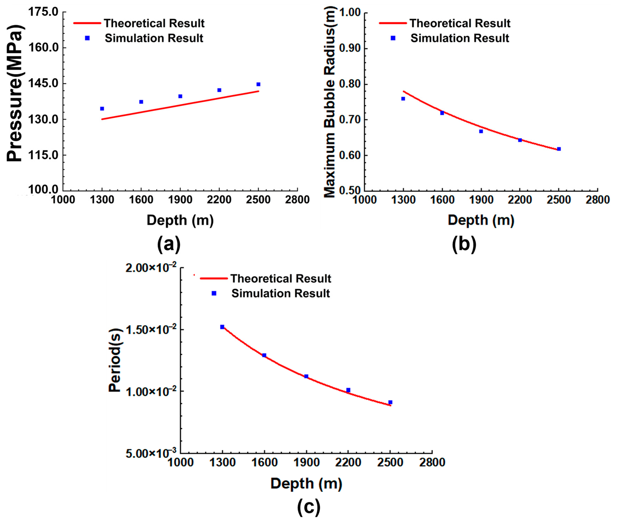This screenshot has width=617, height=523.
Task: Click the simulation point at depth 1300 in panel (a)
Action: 102,108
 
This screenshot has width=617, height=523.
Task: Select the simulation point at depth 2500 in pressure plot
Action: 258,84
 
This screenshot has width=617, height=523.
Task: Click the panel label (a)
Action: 169,244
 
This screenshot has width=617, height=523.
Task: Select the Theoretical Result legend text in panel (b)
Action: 460,23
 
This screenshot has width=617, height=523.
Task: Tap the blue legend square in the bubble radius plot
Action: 393,38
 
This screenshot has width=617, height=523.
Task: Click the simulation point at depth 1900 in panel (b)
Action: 481,131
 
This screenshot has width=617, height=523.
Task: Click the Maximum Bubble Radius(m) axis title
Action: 329,102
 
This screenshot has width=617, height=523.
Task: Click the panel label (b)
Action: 464,244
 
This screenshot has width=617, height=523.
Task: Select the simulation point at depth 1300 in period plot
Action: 222,327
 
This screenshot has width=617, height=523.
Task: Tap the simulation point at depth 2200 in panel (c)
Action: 348,390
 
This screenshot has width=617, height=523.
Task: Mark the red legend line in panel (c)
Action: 214,278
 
